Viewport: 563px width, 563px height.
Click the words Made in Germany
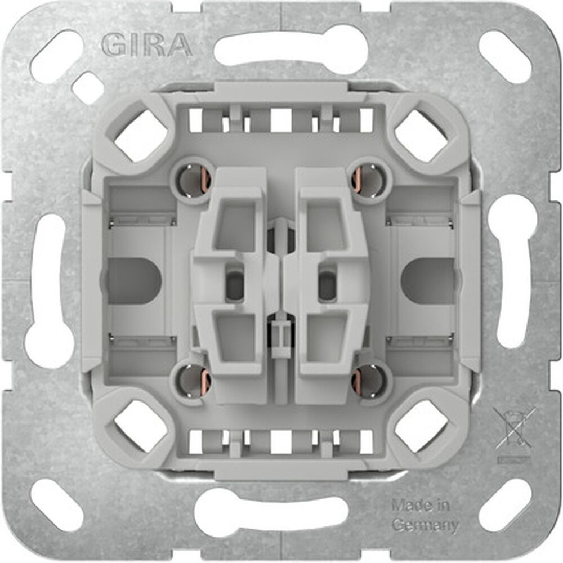(425, 515)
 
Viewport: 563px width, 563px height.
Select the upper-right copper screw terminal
(369, 179)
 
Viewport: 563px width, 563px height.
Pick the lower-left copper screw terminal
(193, 381)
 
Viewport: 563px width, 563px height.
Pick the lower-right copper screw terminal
(369, 381)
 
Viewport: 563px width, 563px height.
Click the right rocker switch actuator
(332, 281)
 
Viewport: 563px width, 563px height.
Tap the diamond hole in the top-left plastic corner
(141, 135)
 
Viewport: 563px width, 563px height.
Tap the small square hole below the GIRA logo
(87, 88)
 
